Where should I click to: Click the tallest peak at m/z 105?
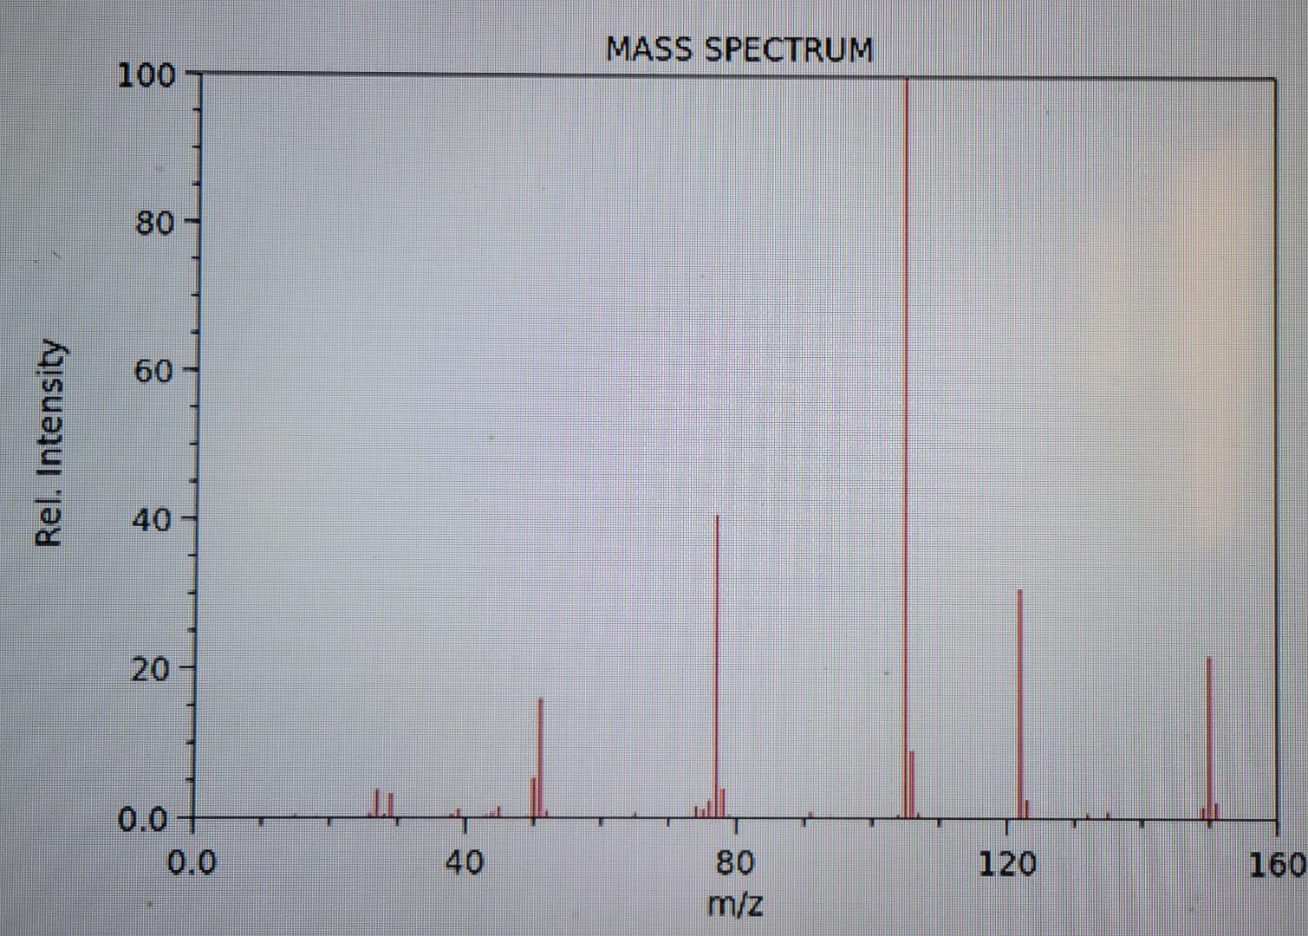[906, 433]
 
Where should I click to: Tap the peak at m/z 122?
[1020, 702]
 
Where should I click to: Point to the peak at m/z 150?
[1209, 737]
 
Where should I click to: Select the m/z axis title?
[735, 904]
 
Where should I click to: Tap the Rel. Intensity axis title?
[49, 442]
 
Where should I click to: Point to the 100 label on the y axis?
[146, 75]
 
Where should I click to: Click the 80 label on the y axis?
[154, 223]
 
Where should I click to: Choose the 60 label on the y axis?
[154, 372]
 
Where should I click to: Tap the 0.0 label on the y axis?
[143, 819]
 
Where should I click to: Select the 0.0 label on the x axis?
[192, 862]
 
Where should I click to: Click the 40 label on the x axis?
[465, 862]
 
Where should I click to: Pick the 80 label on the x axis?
[735, 862]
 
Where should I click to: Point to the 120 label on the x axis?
[1007, 862]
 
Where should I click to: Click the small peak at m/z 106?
[913, 784]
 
